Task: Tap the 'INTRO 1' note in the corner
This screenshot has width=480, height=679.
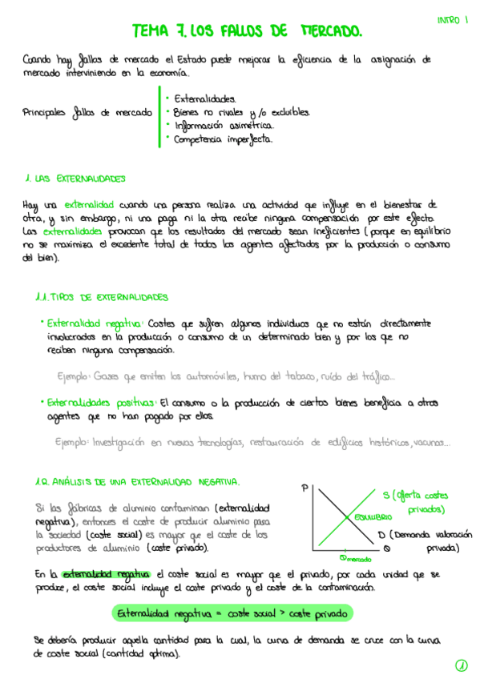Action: click(452, 21)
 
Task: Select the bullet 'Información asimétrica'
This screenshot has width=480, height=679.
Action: click(221, 125)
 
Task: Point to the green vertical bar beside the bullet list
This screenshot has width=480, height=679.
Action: click(159, 116)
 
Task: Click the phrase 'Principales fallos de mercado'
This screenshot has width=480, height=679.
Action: click(88, 113)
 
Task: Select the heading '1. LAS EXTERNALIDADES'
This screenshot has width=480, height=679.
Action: click(75, 178)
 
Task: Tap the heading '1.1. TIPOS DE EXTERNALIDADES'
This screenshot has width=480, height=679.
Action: click(102, 296)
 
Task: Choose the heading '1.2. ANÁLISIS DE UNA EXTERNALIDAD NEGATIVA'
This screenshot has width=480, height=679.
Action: click(137, 481)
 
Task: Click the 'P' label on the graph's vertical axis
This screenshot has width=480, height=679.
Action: click(305, 488)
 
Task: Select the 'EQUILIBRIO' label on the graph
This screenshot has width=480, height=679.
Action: click(369, 518)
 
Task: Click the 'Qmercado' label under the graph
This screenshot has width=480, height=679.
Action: click(353, 557)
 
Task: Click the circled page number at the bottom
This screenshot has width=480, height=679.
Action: click(461, 665)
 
